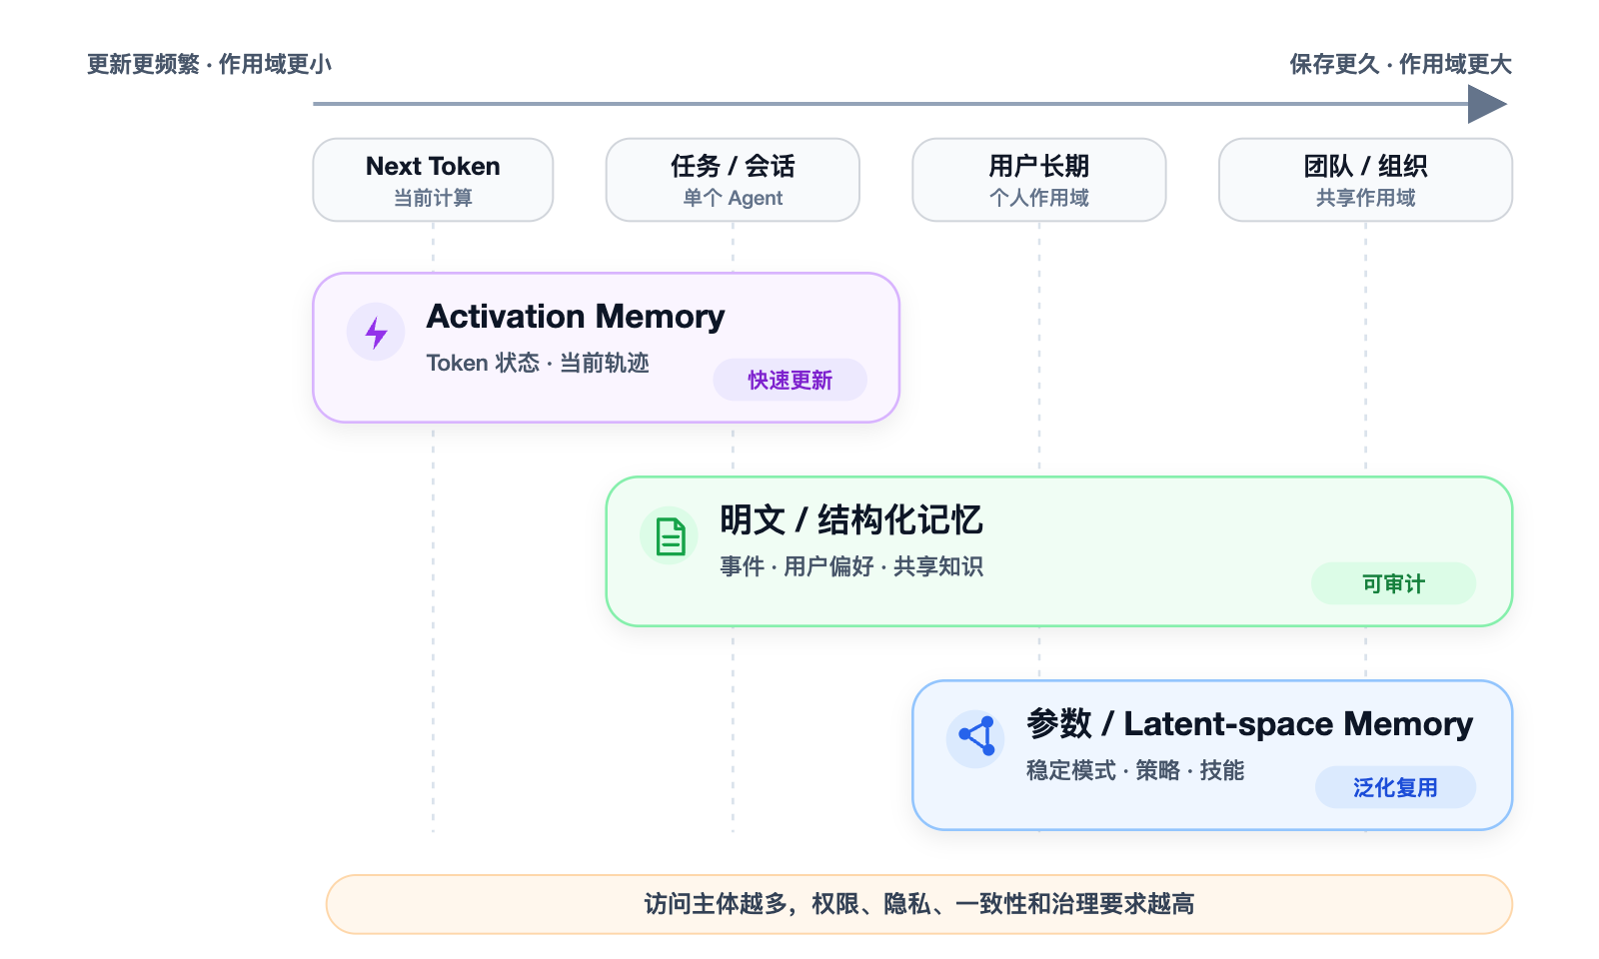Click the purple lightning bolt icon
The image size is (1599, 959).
pyautogui.click(x=376, y=333)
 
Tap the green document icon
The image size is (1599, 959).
pyautogui.click(x=671, y=536)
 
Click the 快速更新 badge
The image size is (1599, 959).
pyautogui.click(x=791, y=380)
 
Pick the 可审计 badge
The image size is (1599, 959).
pyautogui.click(x=1393, y=583)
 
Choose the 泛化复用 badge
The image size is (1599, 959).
pyautogui.click(x=1395, y=787)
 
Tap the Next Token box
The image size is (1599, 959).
pyautogui.click(x=434, y=180)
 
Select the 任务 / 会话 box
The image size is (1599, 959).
pyautogui.click(x=733, y=180)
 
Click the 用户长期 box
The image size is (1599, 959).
pyautogui.click(x=1039, y=180)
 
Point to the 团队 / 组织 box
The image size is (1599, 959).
pyautogui.click(x=1365, y=180)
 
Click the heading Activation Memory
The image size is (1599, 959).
pyautogui.click(x=576, y=317)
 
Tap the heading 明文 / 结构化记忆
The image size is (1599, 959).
pyautogui.click(x=850, y=519)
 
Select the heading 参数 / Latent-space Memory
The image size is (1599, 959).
pyautogui.click(x=1249, y=723)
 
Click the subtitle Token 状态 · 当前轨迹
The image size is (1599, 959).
pyautogui.click(x=538, y=363)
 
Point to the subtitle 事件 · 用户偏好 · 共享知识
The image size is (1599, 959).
pyautogui.click(x=850, y=566)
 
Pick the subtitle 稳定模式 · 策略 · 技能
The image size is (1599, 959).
pyautogui.click(x=1135, y=770)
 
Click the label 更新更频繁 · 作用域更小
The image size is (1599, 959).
pyautogui.click(x=209, y=64)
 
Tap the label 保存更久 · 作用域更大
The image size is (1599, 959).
pyautogui.click(x=1400, y=64)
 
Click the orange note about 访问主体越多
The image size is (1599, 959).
pyautogui.click(x=919, y=904)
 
